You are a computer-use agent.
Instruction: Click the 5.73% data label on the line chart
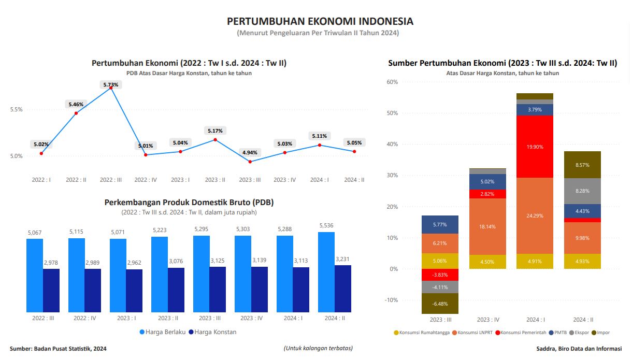tap(111, 84)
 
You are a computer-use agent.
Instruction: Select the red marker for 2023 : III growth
tap(250, 162)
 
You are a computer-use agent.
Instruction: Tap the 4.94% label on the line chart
tap(250, 153)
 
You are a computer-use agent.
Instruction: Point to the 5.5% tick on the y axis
tap(16, 110)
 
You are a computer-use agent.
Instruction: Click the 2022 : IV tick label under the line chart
tap(146, 180)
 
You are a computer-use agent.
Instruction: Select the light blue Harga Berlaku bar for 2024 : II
tap(326, 272)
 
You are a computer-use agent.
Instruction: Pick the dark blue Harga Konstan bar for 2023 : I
tap(134, 291)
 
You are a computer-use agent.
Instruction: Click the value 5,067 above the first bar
tap(35, 233)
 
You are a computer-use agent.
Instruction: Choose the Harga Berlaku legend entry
tap(163, 332)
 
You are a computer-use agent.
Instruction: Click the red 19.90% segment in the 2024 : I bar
tap(535, 147)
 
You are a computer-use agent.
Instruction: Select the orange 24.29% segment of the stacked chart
tap(535, 215)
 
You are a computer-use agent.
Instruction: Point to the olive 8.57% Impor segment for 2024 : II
tap(582, 165)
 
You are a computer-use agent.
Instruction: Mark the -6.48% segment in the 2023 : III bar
tap(440, 304)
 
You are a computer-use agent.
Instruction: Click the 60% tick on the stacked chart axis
tap(392, 82)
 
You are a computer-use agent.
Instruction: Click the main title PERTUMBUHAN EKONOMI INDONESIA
tap(320, 21)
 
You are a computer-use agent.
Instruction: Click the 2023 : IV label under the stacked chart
tap(488, 320)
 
